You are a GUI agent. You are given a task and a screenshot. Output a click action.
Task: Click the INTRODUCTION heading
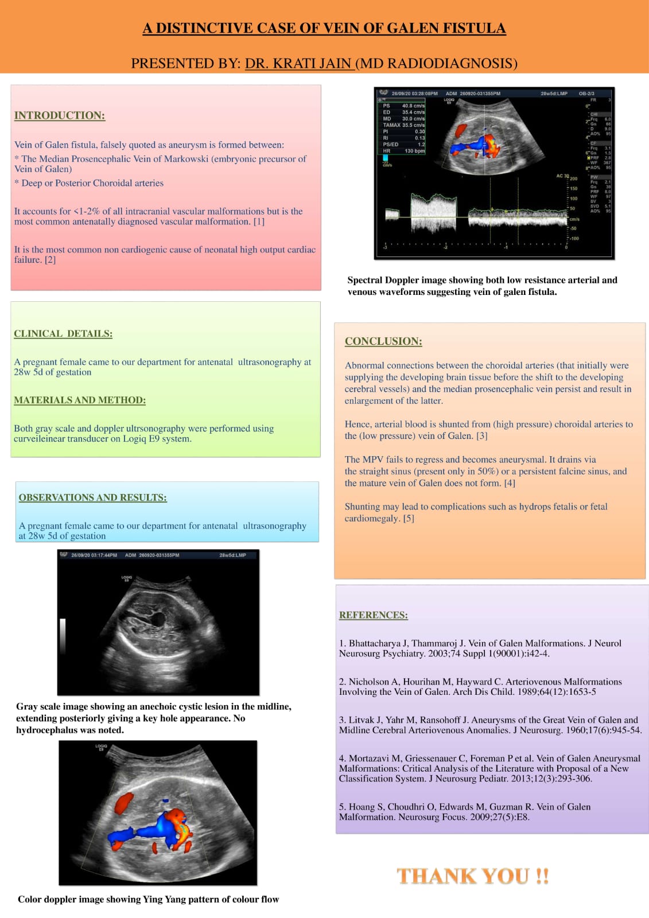(x=60, y=115)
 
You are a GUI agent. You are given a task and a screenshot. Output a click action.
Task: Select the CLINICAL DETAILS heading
(x=63, y=333)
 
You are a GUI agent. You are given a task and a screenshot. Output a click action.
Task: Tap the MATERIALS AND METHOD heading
(x=80, y=400)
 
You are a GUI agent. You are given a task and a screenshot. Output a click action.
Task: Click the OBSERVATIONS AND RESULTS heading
(x=93, y=497)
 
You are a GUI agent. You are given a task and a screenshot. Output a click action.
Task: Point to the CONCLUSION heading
(x=383, y=341)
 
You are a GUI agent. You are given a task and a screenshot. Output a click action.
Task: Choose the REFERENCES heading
(x=374, y=615)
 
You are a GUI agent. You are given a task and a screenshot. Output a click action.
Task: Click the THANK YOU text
(x=473, y=876)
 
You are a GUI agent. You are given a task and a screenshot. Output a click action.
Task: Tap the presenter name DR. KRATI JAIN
(x=298, y=63)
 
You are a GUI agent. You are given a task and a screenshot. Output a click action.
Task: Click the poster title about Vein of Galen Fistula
(x=324, y=28)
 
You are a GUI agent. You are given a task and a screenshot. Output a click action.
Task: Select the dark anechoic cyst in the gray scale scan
(x=156, y=619)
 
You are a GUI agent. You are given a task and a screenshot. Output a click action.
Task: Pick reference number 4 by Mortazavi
(x=489, y=768)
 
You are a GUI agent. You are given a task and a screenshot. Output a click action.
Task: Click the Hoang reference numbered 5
(x=464, y=812)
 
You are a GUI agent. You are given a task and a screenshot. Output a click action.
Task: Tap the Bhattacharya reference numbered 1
(x=480, y=648)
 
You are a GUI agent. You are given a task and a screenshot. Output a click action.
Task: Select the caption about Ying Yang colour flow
(x=148, y=899)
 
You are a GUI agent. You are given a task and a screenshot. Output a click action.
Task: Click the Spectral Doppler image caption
(x=482, y=286)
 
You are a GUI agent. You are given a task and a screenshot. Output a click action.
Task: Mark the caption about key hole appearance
(x=154, y=718)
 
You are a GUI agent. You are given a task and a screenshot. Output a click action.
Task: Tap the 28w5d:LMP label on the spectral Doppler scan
(x=554, y=93)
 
